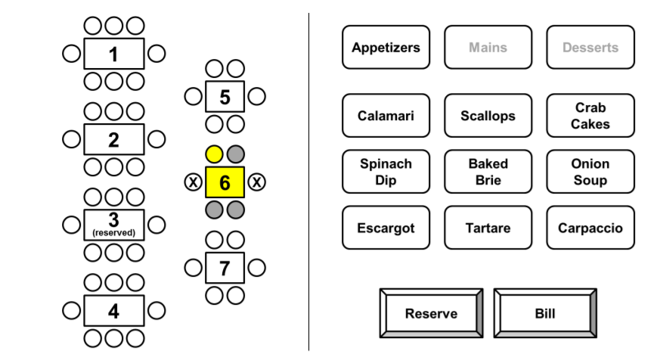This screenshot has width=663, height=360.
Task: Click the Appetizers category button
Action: tap(386, 48)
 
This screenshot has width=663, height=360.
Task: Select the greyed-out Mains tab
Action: tap(488, 48)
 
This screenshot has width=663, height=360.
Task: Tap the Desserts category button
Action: tap(590, 48)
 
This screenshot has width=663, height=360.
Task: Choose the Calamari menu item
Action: tap(386, 116)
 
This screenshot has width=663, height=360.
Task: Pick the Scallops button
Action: tap(488, 116)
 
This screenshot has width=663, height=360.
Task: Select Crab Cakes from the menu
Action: tap(590, 116)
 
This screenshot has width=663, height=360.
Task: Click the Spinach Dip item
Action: tap(386, 172)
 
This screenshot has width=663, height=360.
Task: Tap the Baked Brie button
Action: tap(488, 172)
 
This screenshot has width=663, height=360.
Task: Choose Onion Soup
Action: tap(590, 172)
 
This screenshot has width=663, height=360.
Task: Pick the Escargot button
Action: tap(386, 228)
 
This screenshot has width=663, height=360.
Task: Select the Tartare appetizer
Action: tap(488, 228)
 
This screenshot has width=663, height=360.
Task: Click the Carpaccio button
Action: tap(590, 228)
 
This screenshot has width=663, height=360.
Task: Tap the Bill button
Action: tap(545, 313)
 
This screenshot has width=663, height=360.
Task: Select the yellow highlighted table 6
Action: tap(225, 182)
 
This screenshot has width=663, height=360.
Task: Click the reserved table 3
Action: tap(113, 225)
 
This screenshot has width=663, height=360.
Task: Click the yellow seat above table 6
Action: tap(215, 155)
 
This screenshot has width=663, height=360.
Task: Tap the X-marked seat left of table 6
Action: tap(194, 182)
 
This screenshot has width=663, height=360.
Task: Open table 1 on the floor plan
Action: tap(113, 54)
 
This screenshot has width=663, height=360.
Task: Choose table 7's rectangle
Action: tap(225, 268)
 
